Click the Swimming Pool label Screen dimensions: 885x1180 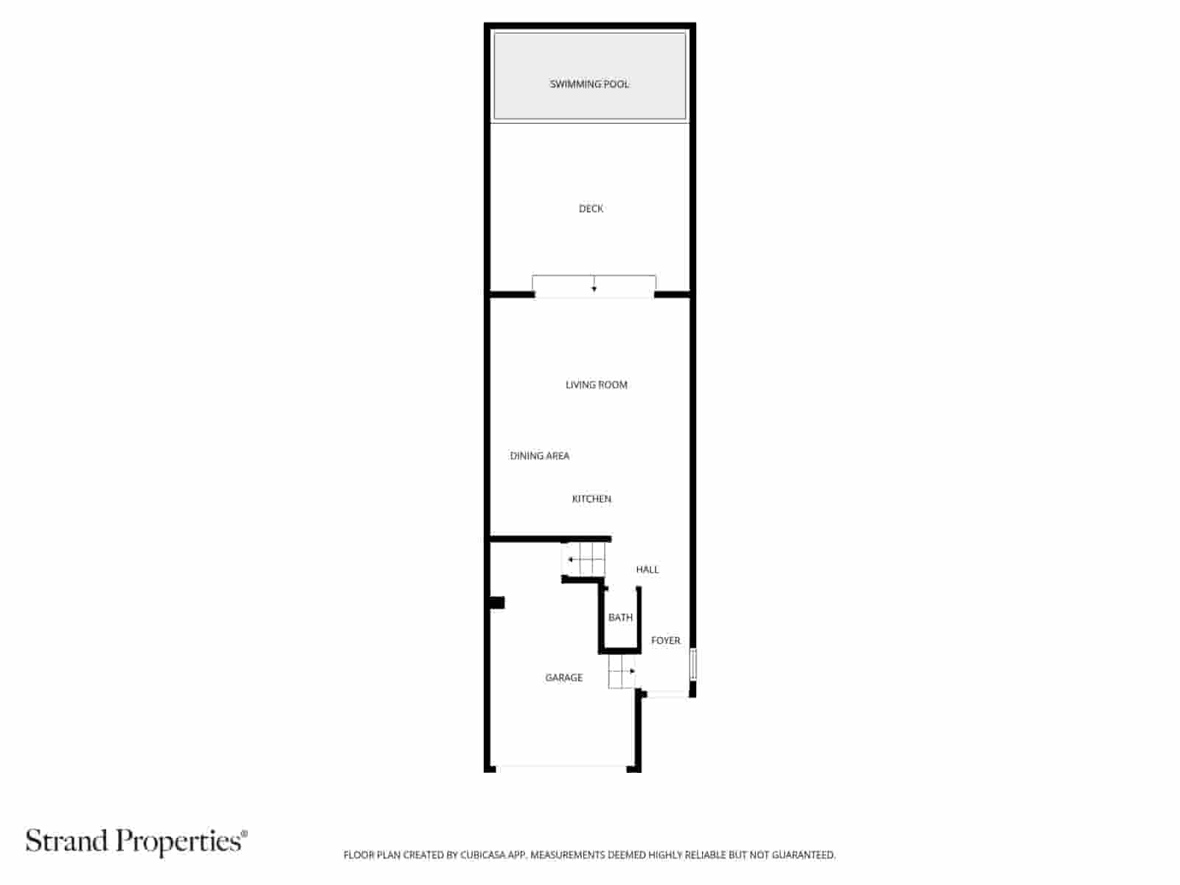point(589,84)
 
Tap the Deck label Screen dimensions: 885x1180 point(591,209)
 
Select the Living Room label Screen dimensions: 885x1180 point(596,384)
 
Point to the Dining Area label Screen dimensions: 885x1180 point(539,456)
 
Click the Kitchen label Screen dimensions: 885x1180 point(591,499)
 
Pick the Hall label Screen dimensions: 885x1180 point(647,569)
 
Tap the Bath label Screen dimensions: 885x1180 point(620,617)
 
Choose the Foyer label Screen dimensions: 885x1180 point(665,640)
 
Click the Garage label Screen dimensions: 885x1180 point(563,677)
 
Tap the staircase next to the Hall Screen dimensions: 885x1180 point(584,560)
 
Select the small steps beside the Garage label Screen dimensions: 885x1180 point(622,672)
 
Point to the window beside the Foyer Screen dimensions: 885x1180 point(693,664)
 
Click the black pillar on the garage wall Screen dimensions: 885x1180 point(497,603)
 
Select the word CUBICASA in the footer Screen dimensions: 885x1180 point(482,855)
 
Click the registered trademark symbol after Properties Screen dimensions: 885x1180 point(244,833)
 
